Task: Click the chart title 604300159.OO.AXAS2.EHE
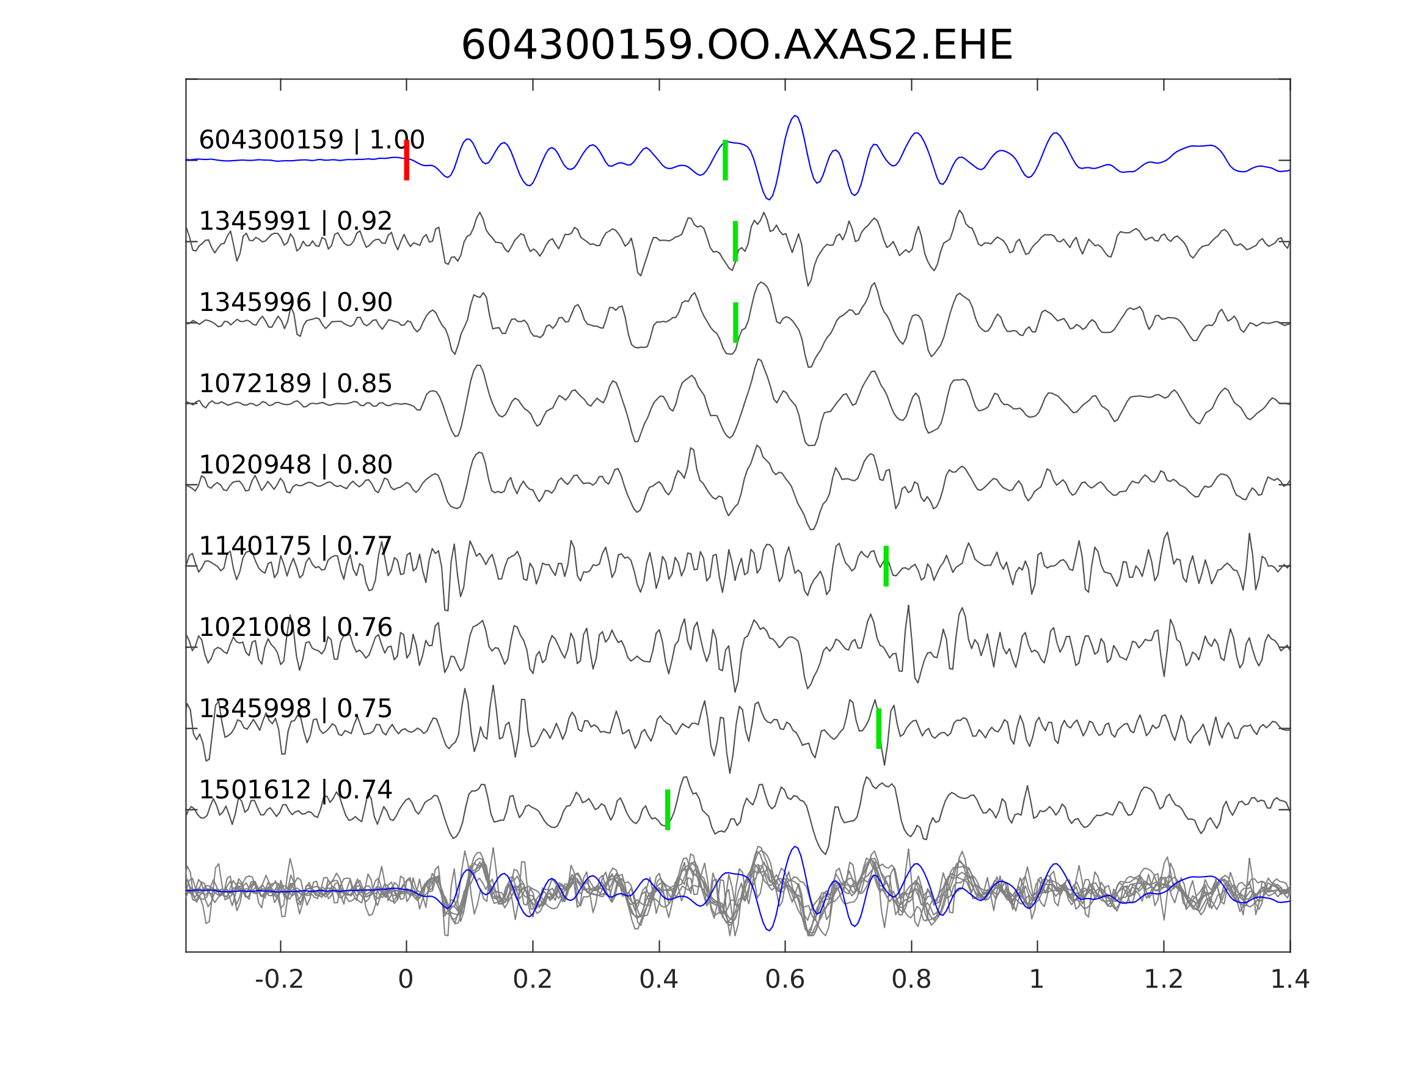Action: click(737, 46)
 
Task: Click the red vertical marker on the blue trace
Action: click(407, 160)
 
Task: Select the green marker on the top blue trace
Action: click(726, 160)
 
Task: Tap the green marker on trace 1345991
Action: click(735, 241)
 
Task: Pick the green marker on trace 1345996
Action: click(735, 322)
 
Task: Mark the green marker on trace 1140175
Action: click(886, 566)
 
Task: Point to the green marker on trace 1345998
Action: click(879, 728)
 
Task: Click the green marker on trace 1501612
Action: click(668, 809)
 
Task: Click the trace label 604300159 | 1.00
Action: click(311, 140)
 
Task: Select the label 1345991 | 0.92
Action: click(295, 221)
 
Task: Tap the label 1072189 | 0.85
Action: click(295, 384)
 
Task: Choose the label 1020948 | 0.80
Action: click(295, 465)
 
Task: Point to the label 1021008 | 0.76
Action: click(295, 627)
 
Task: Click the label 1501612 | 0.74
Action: click(295, 789)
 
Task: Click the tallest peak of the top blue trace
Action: click(796, 116)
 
